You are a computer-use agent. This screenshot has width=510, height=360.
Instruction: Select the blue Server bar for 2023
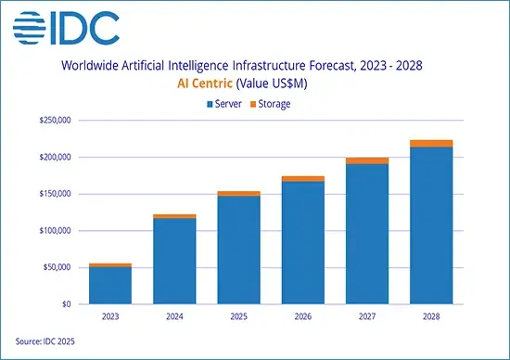pos(110,286)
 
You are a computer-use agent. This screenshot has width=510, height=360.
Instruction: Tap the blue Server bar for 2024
pos(175,261)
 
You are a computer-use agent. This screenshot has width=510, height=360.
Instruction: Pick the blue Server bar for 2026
pos(304,242)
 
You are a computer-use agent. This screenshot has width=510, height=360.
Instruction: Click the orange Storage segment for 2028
pos(432,144)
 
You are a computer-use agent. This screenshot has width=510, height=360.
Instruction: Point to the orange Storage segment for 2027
pos(368,161)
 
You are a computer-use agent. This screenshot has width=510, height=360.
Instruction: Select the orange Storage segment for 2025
pos(239,193)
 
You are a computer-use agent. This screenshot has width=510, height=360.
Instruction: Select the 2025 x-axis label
pos(239,315)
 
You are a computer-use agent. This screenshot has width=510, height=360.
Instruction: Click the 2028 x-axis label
pos(432,315)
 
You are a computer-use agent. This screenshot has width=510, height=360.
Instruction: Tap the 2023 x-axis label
pos(110,315)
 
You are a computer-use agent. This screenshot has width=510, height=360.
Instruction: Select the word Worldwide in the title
pos(90,66)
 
